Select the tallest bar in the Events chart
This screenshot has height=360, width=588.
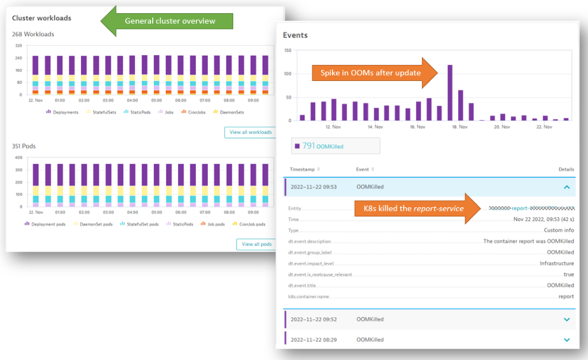(450, 93)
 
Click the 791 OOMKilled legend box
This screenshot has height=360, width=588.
(335, 146)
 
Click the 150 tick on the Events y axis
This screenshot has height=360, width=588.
(287, 50)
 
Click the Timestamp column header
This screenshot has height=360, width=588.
(304, 169)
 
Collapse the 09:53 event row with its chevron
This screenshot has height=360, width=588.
(567, 187)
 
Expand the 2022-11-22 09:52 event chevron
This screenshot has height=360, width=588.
(567, 319)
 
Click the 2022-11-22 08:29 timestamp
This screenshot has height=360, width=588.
(314, 339)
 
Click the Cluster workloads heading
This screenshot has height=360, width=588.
(42, 18)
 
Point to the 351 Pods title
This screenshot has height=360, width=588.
(24, 146)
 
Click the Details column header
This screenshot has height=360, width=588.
(566, 169)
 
